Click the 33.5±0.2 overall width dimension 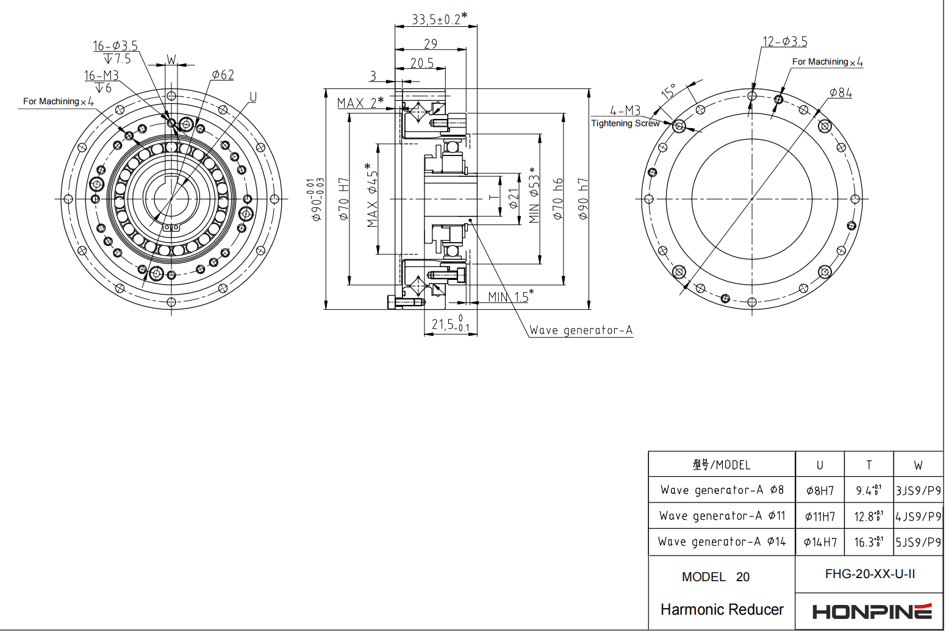(439, 18)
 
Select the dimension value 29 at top (431, 44)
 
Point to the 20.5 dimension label (422, 63)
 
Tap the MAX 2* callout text (360, 102)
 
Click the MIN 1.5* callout (511, 296)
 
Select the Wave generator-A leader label (581, 330)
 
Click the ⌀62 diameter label (223, 74)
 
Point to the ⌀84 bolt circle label (840, 93)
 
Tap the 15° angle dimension (668, 91)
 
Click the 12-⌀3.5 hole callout (785, 41)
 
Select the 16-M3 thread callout (101, 75)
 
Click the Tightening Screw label (625, 123)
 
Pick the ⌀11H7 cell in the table (820, 517)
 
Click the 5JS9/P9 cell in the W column (918, 542)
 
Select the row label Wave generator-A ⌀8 (722, 490)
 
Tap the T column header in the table (869, 465)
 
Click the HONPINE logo (872, 611)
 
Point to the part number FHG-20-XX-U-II (870, 574)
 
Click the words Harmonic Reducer (722, 609)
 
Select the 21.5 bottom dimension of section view (450, 324)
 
